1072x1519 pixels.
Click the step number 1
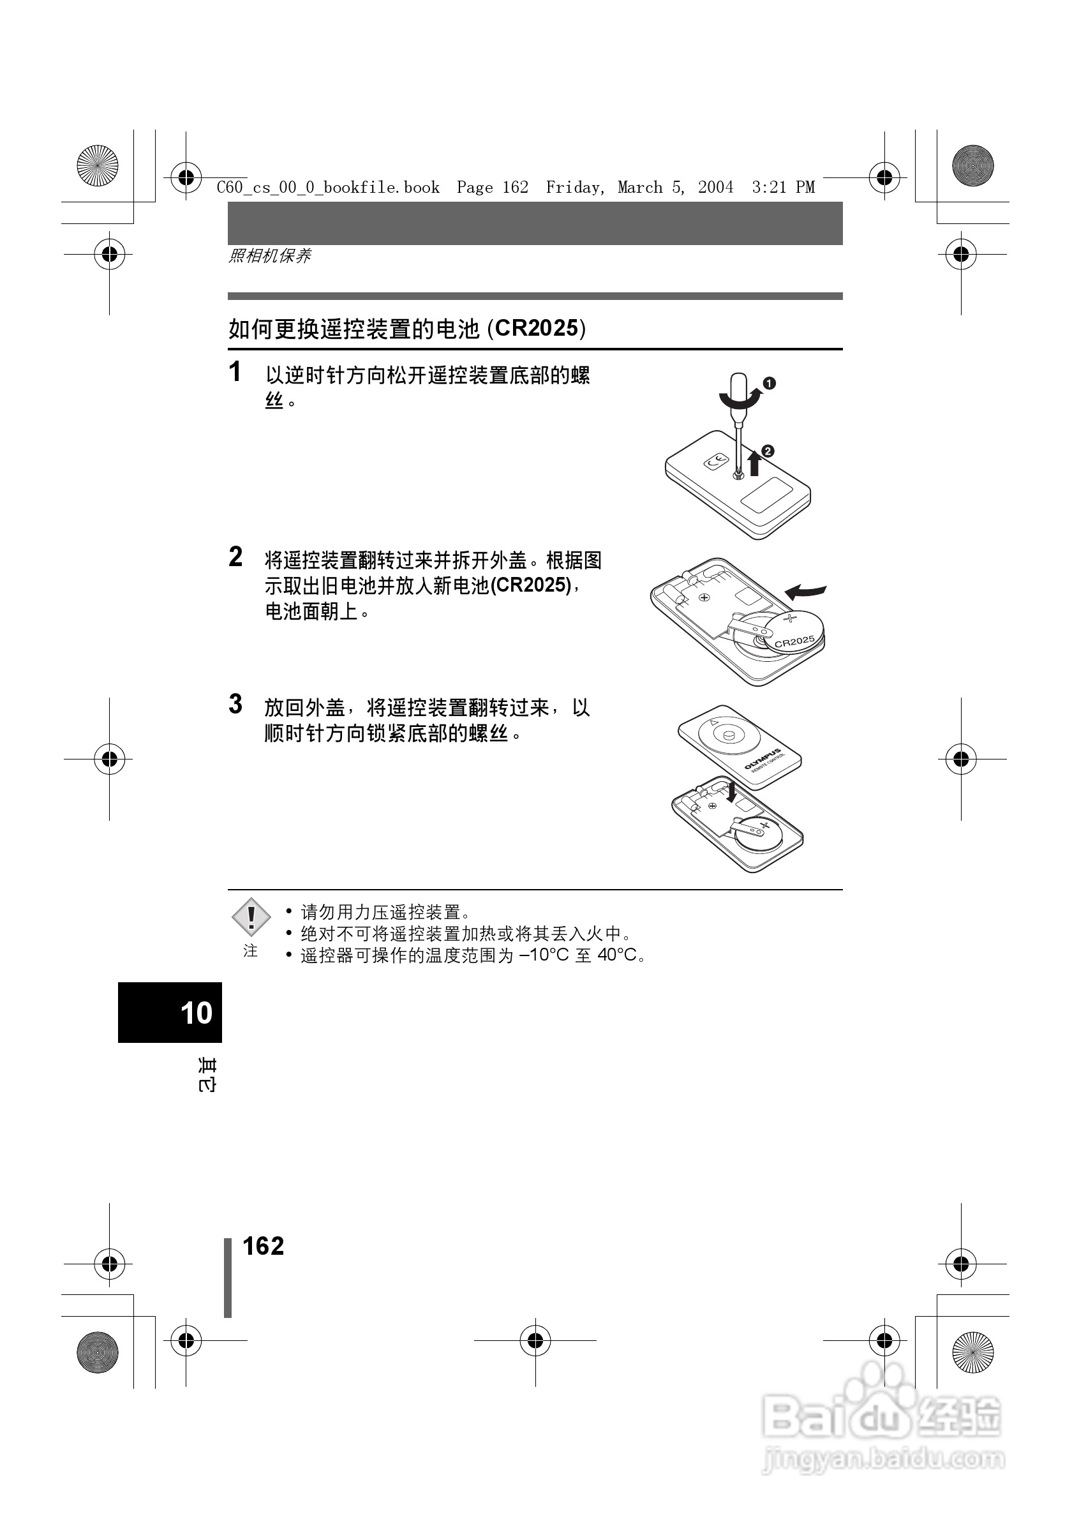point(235,372)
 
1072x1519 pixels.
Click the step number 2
point(235,557)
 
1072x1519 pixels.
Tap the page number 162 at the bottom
point(263,1246)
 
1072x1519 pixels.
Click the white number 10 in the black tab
point(196,1013)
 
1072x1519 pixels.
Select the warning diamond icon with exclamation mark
point(251,918)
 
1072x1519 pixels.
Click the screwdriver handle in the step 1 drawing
point(738,391)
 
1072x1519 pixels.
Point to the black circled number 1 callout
point(769,383)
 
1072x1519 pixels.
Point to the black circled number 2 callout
point(768,451)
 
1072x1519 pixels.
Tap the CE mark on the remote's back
point(715,463)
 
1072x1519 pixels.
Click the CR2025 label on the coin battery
point(794,641)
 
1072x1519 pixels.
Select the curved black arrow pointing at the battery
point(805,590)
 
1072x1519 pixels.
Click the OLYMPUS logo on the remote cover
point(764,759)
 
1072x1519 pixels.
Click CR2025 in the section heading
point(537,329)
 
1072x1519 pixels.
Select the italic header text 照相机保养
point(270,256)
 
